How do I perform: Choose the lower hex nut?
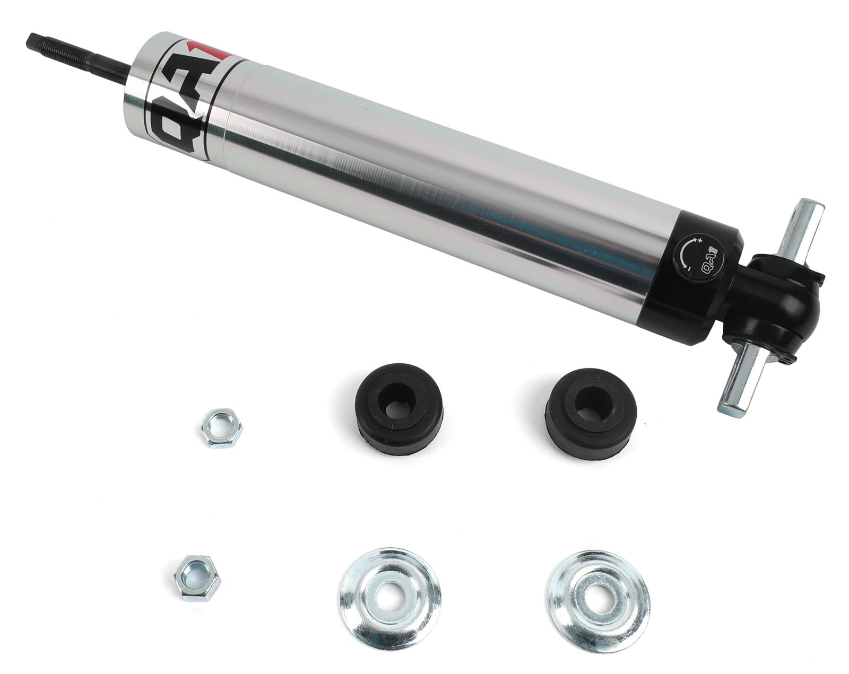[x=197, y=577]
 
